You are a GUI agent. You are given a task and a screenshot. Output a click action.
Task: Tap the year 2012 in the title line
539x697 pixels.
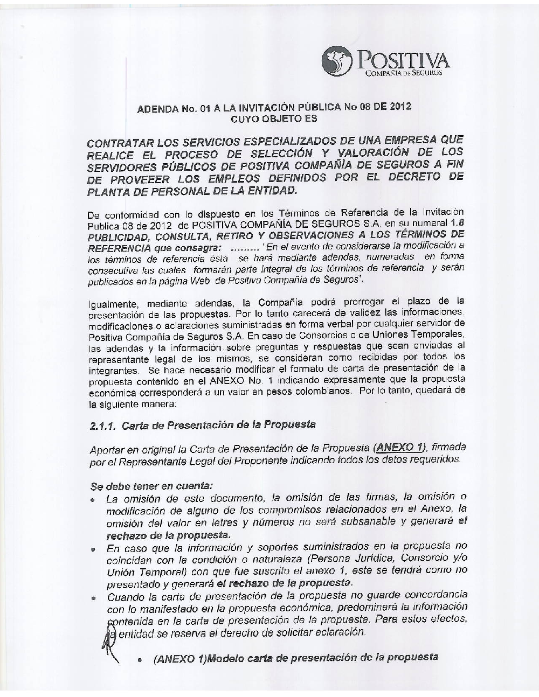399,106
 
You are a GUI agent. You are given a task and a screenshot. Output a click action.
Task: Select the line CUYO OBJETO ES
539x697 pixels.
274,119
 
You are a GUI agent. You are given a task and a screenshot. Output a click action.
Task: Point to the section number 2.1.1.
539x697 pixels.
103,426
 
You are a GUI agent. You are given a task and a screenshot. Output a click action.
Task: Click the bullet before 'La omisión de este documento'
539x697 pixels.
94,500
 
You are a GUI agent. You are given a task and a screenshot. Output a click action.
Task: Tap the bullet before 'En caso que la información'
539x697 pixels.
94,550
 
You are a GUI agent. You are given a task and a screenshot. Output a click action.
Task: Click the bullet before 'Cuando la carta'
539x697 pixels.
94,598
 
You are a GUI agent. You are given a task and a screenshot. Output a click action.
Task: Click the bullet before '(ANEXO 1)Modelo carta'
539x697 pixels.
140,660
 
